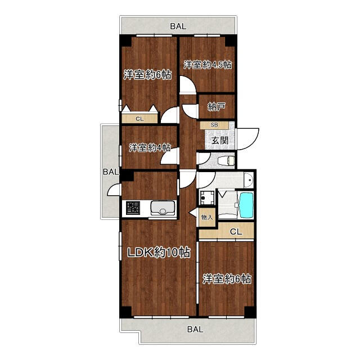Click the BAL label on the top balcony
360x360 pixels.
pyautogui.click(x=179, y=26)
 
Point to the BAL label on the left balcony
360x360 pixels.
pyautogui.click(x=110, y=172)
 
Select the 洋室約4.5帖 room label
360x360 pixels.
pyautogui.click(x=207, y=65)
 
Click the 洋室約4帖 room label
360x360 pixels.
pyautogui.click(x=150, y=147)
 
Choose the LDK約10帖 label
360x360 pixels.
pyautogui.click(x=157, y=253)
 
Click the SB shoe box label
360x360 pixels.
pyautogui.click(x=214, y=125)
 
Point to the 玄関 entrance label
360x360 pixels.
pyautogui.click(x=220, y=140)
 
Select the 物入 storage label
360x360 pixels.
pyautogui.click(x=207, y=217)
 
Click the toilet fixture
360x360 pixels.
pyautogui.click(x=224, y=160)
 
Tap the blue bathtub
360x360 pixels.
pyautogui.click(x=246, y=205)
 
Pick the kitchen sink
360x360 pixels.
pyautogui.click(x=163, y=209)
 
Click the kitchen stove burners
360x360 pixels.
pyautogui.click(x=134, y=208)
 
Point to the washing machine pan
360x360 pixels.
pyautogui.click(x=205, y=198)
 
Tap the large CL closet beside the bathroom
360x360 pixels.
pyautogui.click(x=235, y=231)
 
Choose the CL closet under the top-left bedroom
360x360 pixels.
pyautogui.click(x=139, y=119)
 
